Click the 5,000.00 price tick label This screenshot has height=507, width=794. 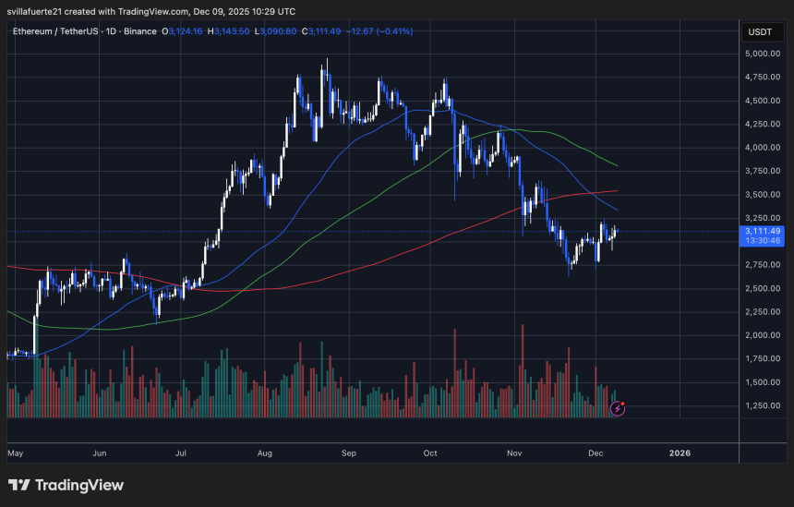click(x=762, y=54)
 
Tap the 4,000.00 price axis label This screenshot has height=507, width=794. click(x=762, y=148)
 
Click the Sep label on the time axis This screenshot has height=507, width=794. click(x=349, y=453)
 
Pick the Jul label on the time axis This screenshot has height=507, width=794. click(x=181, y=453)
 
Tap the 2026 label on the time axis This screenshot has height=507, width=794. click(x=680, y=453)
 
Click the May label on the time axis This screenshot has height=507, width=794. click(x=15, y=453)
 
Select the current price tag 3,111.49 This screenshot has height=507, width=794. click(x=763, y=231)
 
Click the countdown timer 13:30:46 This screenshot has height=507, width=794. click(x=763, y=241)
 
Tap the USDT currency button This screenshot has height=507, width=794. click(x=760, y=32)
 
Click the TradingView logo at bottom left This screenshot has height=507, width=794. click(x=66, y=485)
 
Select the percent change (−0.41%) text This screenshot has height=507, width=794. click(x=394, y=31)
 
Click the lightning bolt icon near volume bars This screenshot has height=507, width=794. click(x=618, y=407)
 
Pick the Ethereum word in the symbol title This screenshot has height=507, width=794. click(x=34, y=31)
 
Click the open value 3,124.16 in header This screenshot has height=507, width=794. click(x=185, y=31)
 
